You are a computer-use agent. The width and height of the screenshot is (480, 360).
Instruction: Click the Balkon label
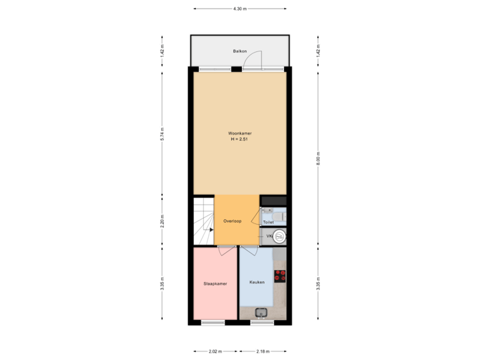[x=240, y=51]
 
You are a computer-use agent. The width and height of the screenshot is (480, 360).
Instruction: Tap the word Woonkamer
[x=240, y=133]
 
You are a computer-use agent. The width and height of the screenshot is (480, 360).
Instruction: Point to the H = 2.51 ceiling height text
[x=240, y=139]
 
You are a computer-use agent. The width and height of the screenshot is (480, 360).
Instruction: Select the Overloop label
[x=232, y=221]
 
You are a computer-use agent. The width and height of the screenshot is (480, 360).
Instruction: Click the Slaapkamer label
[x=215, y=283]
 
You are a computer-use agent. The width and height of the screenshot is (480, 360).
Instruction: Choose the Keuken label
[x=257, y=282]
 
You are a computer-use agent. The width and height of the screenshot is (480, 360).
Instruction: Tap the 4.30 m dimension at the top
[x=240, y=9]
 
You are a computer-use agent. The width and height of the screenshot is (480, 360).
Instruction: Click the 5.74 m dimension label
[x=162, y=133]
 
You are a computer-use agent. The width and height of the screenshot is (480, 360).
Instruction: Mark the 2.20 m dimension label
[x=162, y=221]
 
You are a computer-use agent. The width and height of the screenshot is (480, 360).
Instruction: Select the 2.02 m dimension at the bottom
[x=215, y=351]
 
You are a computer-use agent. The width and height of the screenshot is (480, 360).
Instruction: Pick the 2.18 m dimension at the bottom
[x=263, y=351]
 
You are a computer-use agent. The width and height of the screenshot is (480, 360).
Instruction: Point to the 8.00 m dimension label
[x=318, y=160]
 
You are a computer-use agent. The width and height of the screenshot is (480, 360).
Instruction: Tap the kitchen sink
[x=261, y=312]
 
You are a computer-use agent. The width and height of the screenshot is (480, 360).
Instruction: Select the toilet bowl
[x=281, y=216]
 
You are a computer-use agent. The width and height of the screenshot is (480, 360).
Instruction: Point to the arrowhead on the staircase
[x=212, y=229]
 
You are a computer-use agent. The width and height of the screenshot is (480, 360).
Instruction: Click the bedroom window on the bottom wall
[x=213, y=323]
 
